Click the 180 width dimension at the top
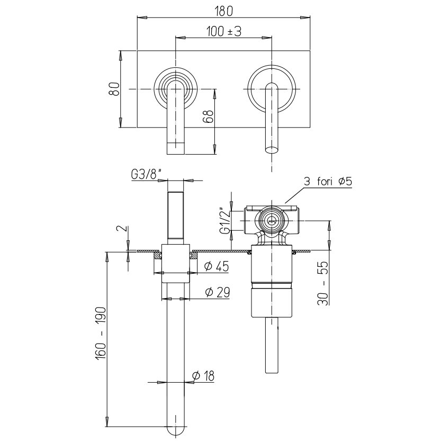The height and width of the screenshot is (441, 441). pos(224,11)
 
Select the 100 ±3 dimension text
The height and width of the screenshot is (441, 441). pos(224,31)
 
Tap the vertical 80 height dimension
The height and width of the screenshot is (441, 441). pos(114,89)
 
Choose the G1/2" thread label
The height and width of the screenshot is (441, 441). pos(226,220)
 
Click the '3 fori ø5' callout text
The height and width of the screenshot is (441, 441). pos(328,182)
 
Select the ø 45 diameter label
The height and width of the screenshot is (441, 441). pos(217,266)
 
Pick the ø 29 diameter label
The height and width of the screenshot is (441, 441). pos(218,292)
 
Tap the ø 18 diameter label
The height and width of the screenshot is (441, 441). pos(203,375)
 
